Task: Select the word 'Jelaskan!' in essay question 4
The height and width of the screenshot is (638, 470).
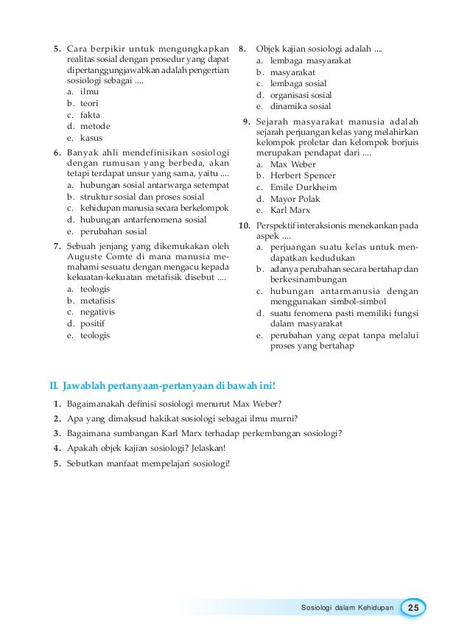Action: tap(208, 448)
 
